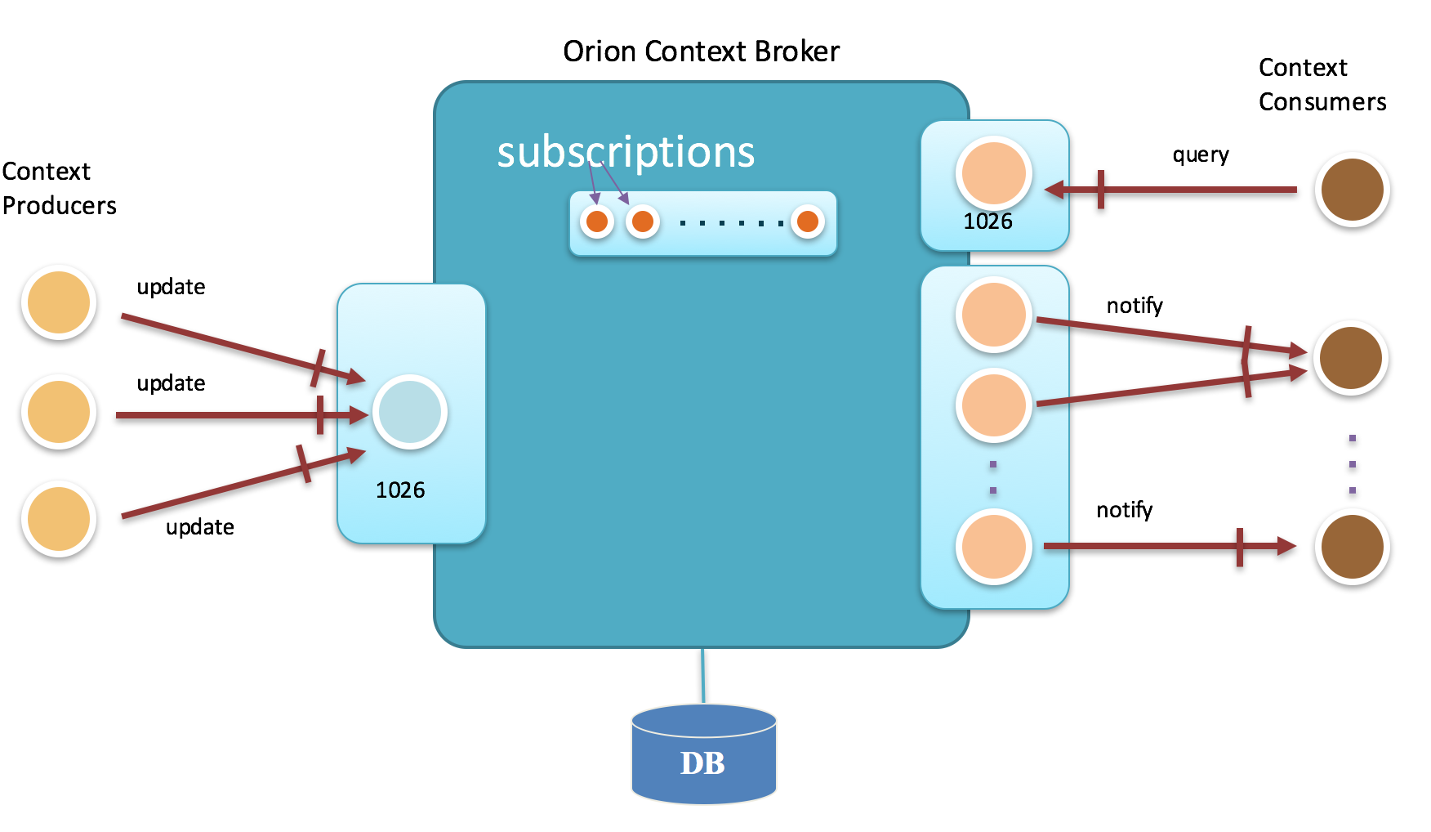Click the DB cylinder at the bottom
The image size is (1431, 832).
point(703,756)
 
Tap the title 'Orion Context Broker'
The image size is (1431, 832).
point(701,51)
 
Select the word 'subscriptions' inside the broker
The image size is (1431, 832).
point(626,152)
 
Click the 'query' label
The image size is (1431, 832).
point(1200,155)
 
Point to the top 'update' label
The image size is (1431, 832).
point(171,287)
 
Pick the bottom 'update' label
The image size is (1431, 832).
point(199,527)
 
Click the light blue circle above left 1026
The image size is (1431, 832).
point(410,412)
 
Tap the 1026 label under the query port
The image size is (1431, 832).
point(987,221)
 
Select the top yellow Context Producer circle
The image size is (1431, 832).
point(59,302)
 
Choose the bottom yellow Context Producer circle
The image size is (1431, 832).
point(59,519)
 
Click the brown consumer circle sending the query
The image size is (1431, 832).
point(1352,190)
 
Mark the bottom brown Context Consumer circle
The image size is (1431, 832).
point(1352,547)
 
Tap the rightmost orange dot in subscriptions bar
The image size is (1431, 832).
point(808,221)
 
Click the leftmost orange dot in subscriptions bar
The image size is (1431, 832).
point(597,221)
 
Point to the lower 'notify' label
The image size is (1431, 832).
point(1124,510)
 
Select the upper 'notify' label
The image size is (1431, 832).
point(1135,306)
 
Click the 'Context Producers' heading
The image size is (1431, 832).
point(59,188)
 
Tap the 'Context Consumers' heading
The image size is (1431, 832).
point(1322,84)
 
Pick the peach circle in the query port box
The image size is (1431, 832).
point(993,174)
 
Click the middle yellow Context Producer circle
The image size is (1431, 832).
point(59,412)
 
